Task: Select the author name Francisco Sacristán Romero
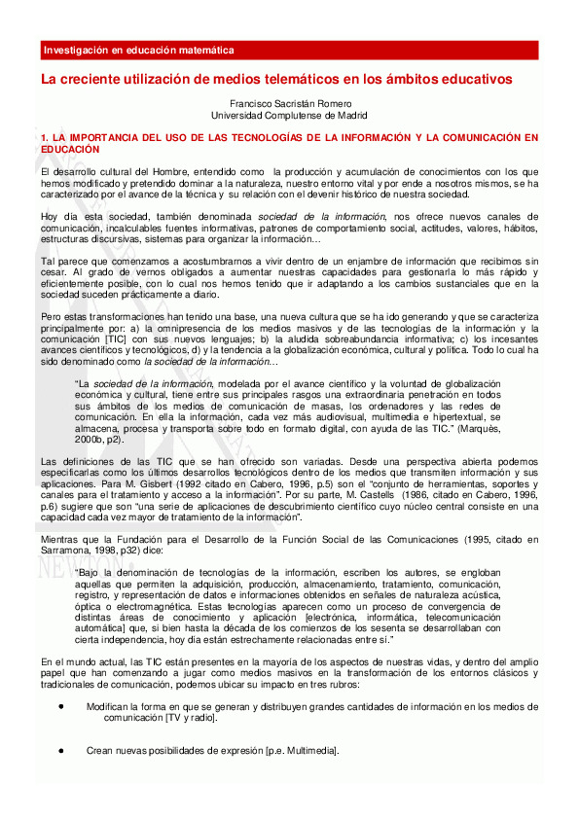[x=288, y=103]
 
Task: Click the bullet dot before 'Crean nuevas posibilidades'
[x=61, y=750]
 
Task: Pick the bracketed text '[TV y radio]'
[x=191, y=717]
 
